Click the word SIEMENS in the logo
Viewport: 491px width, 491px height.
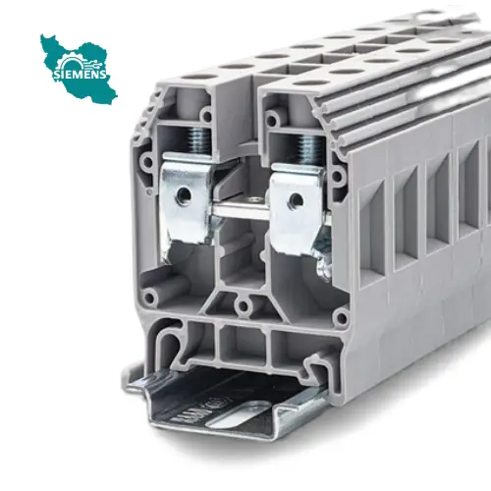(80, 74)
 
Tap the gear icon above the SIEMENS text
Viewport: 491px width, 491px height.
(72, 62)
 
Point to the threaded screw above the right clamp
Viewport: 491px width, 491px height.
(308, 149)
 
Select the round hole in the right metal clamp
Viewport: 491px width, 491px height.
(296, 200)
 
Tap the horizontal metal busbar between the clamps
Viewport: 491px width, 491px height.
(241, 208)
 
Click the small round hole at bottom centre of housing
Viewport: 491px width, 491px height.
(243, 306)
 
